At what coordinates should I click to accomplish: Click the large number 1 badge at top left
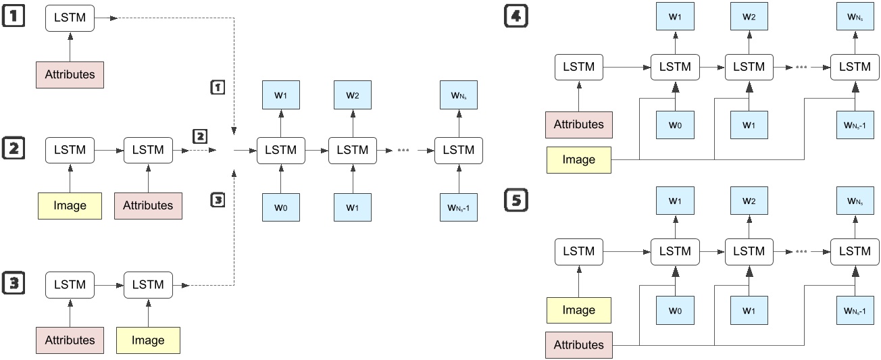tap(14, 16)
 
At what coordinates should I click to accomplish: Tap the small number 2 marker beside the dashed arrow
tap(201, 136)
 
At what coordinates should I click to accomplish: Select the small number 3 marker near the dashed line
tap(218, 200)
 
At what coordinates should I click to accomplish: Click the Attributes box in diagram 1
tap(70, 74)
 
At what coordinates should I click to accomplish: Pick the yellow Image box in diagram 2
tap(70, 205)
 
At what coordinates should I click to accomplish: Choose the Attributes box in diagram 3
tap(70, 340)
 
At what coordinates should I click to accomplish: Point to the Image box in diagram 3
tap(148, 340)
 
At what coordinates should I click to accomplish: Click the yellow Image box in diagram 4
tap(579, 159)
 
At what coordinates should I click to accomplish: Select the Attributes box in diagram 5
tap(579, 344)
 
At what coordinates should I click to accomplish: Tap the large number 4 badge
tap(516, 16)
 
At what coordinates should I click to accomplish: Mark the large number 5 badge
tap(516, 201)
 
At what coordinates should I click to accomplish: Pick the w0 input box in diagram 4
tap(675, 124)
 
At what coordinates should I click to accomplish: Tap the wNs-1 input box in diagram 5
tap(855, 310)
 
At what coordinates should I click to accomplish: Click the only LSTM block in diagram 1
tap(70, 18)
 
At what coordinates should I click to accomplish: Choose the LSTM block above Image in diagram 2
tap(70, 150)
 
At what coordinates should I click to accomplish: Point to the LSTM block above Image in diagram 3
tap(148, 284)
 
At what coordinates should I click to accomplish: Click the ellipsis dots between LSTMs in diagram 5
tap(801, 252)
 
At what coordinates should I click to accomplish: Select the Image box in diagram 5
tap(579, 310)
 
